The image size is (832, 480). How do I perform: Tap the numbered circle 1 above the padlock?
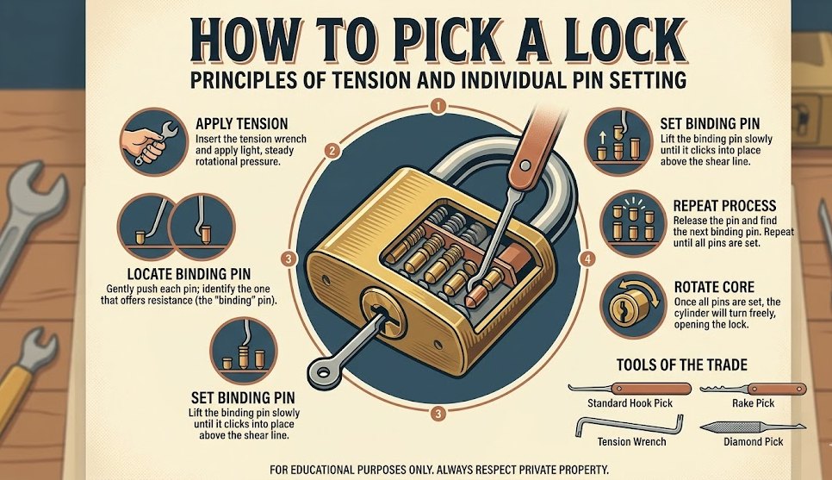438,108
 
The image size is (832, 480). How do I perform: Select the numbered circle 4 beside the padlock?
587,259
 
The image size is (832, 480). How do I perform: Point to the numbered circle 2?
331,151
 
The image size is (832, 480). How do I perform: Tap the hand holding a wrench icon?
152,139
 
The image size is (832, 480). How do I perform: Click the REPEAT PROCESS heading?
711,206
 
